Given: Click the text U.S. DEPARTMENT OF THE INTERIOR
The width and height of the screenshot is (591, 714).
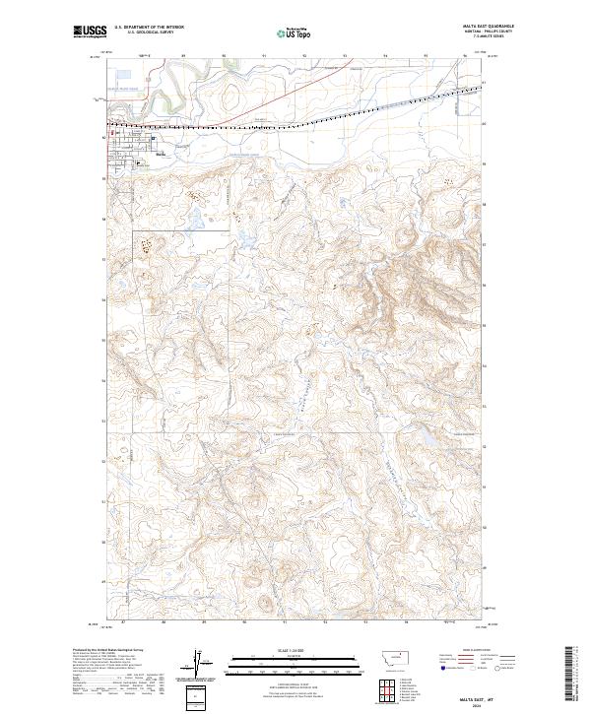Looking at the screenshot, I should pyautogui.click(x=150, y=27).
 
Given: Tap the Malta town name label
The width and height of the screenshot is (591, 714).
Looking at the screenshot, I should pyautogui.click(x=161, y=153).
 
